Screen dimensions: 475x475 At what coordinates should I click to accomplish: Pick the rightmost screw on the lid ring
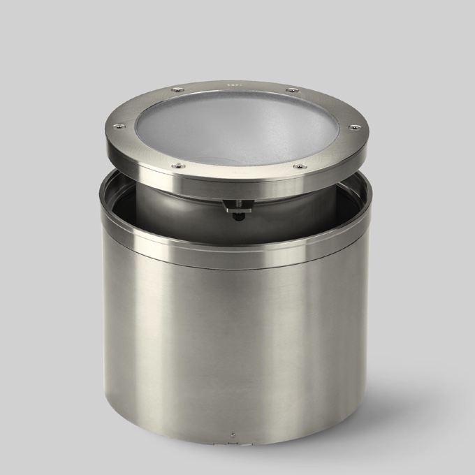pos(354,127)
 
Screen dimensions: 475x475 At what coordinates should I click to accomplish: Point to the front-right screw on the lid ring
pos(299,167)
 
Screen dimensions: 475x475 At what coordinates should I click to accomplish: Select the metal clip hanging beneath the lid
pos(237,204)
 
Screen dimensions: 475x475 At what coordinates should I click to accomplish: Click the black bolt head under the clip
pos(237,213)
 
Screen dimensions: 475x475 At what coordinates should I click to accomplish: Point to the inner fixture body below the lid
pos(182,203)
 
